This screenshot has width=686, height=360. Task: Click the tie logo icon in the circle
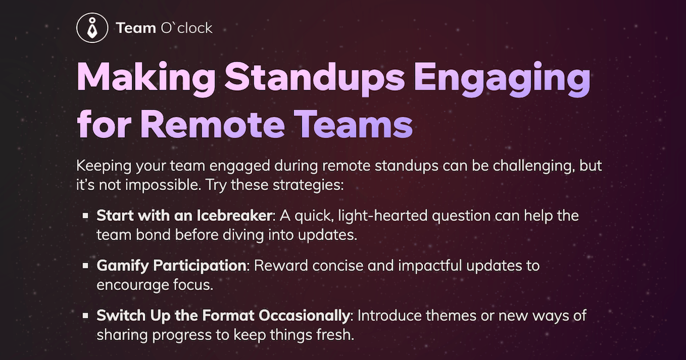92,27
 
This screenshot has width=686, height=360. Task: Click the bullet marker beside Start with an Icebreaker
85,217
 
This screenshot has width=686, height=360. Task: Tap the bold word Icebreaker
241,217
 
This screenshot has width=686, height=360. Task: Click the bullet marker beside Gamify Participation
85,266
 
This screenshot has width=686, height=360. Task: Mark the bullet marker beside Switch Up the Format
85,316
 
